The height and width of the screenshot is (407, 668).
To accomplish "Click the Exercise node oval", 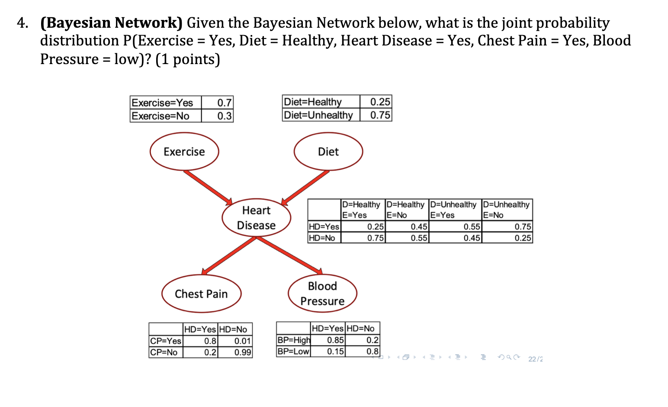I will coord(184,152).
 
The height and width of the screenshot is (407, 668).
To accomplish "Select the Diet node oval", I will coord(328,152).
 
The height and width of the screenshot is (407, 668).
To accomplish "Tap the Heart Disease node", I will coord(256,218).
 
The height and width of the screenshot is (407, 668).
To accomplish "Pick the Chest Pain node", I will coord(201,294).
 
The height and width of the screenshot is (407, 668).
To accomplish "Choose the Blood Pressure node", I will coord(322,294).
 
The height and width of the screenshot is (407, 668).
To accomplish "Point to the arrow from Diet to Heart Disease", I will coord(305,187).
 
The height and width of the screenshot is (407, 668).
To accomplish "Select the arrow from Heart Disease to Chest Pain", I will coord(229,255).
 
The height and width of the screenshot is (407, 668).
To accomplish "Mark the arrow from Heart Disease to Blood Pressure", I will coord(290,255).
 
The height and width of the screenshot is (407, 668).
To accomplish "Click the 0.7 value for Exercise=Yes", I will coord(224,103).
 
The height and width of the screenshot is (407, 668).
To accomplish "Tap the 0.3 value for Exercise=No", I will coord(224,116).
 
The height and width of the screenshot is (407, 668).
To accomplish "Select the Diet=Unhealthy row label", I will coord(318,115).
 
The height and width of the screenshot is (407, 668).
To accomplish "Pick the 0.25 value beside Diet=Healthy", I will coord(380,102).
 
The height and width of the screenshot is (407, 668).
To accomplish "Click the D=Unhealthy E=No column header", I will coord(506,210).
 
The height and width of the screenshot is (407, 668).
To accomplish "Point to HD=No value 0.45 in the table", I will coord(472,238).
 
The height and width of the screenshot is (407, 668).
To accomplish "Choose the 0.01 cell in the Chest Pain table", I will coord(242,341).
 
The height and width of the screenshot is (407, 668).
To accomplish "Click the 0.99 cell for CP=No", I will coord(242,352).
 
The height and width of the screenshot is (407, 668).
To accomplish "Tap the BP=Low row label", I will coord(293,351).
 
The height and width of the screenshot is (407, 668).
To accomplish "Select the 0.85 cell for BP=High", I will coord(335,340).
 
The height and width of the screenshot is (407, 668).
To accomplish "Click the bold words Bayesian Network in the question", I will coord(112,23).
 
